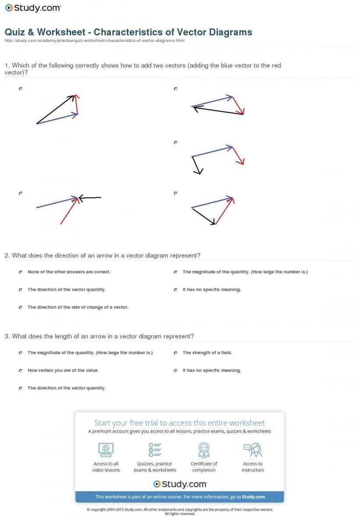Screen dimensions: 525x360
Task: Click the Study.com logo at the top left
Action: point(33,7)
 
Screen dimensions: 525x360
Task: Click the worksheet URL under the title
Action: point(94,41)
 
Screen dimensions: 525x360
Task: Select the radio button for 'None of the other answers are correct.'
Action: point(21,272)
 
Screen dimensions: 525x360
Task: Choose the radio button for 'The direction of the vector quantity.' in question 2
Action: point(21,290)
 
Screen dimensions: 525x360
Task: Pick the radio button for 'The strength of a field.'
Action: point(175,353)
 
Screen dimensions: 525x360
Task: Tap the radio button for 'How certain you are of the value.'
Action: point(21,371)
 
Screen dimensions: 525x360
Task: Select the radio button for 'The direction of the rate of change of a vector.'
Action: point(21,307)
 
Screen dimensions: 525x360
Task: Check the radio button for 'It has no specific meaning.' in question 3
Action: point(175,371)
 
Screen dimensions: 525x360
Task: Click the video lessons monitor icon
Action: point(106,449)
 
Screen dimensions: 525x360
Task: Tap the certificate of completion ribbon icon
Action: point(204,449)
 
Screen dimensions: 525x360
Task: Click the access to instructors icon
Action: point(253,449)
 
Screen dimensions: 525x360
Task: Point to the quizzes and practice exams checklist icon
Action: point(155,449)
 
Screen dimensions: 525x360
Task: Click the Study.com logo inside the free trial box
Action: point(180,484)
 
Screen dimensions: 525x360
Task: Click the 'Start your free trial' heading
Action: point(179,423)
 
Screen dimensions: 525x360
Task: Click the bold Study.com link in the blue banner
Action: point(253,497)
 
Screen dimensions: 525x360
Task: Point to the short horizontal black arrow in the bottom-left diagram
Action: point(91,198)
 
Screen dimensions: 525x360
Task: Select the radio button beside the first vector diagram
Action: point(21,89)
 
